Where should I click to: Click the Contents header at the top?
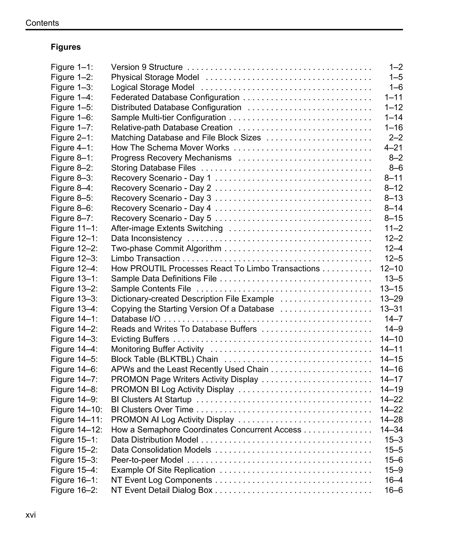tap(42, 23)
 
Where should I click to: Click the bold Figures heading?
tap(65, 47)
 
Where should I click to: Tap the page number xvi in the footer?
tap(31, 515)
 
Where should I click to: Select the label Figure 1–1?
tap(72, 67)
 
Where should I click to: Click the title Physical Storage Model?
tap(155, 77)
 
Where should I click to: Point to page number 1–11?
tap(393, 97)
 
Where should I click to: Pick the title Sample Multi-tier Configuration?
tap(168, 118)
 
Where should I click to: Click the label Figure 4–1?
tap(72, 148)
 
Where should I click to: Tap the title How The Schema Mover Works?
tap(170, 148)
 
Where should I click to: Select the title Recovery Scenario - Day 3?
tap(161, 198)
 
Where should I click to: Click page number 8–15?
tap(393, 218)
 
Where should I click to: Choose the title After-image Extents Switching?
tap(167, 228)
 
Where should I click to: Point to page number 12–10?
tap(391, 269)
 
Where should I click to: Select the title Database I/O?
tap(136, 319)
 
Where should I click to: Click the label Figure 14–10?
tap(76, 410)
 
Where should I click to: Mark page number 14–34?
tap(391, 430)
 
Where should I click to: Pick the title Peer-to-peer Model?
tap(147, 460)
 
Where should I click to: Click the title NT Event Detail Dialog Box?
tap(161, 490)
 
